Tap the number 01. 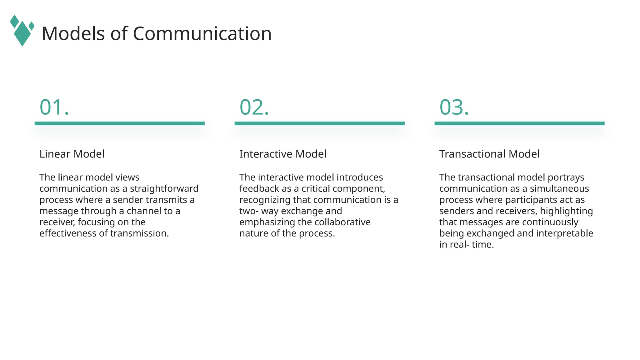[54, 107]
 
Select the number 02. [254, 107]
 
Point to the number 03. [454, 107]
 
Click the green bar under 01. [119, 123]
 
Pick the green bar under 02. [319, 123]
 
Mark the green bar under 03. [519, 123]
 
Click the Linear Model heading [72, 154]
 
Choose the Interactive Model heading [283, 154]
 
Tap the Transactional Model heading [489, 154]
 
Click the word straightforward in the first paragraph [164, 189]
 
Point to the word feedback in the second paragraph [259, 189]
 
